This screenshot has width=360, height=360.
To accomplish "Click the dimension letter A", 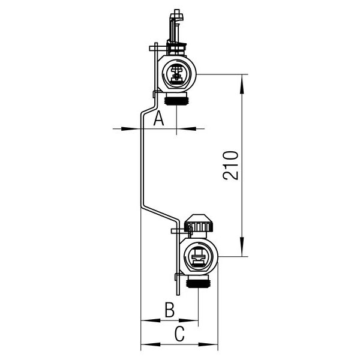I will click(158, 118).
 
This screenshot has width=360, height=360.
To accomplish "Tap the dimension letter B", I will click(169, 310).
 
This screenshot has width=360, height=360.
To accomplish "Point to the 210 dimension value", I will click(231, 165).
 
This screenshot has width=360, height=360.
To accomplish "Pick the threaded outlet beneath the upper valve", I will click(178, 99).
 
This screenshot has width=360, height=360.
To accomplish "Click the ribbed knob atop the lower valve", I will click(199, 227).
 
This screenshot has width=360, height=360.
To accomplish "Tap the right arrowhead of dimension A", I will click(183, 128).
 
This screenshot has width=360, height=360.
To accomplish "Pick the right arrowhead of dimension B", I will click(193, 320).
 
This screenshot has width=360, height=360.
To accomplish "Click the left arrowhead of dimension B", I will click(145, 320).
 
